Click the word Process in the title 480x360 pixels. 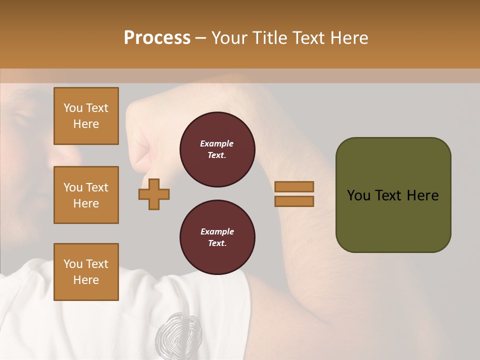(x=157, y=38)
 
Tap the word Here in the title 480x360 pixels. (x=349, y=38)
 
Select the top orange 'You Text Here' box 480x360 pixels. (x=86, y=116)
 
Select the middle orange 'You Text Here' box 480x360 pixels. (x=86, y=195)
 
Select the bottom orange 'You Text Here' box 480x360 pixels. (x=86, y=272)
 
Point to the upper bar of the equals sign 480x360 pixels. (x=294, y=186)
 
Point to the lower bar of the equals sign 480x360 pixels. (x=294, y=201)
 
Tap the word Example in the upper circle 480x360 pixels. (x=217, y=143)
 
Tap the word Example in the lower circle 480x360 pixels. (x=217, y=231)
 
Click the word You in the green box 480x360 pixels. (x=358, y=195)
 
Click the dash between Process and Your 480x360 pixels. (x=200, y=38)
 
